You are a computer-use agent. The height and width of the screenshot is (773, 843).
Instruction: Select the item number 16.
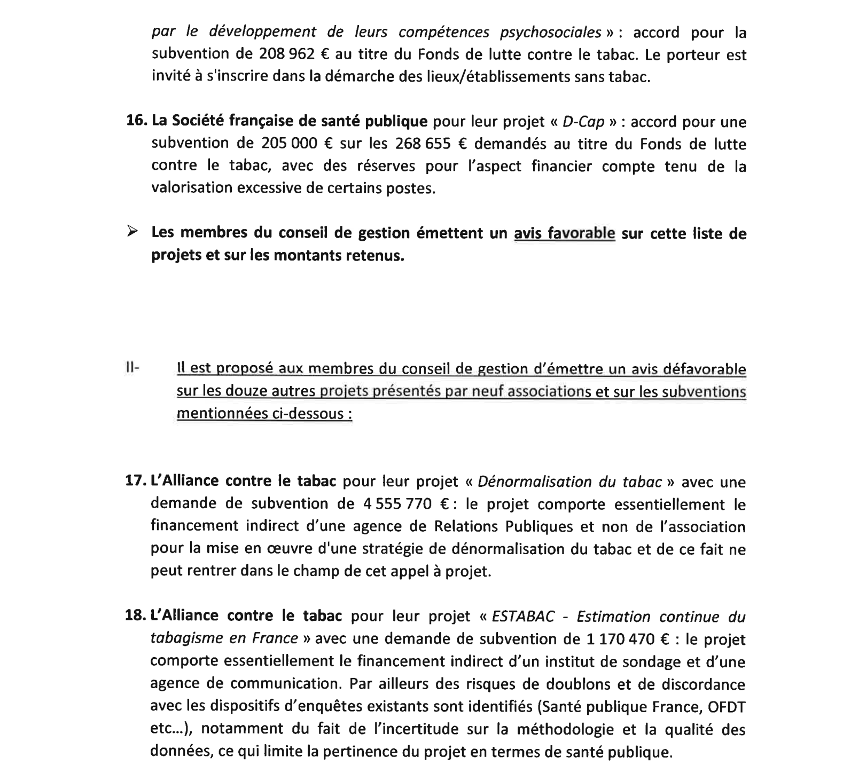tap(136, 121)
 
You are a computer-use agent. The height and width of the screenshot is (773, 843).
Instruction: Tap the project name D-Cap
tap(583, 122)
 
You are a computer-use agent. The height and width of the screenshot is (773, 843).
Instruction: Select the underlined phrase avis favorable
tap(564, 233)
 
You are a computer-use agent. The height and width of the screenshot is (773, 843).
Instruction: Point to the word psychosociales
tap(550, 32)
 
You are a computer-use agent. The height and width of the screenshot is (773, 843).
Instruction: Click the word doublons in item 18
tap(562, 684)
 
